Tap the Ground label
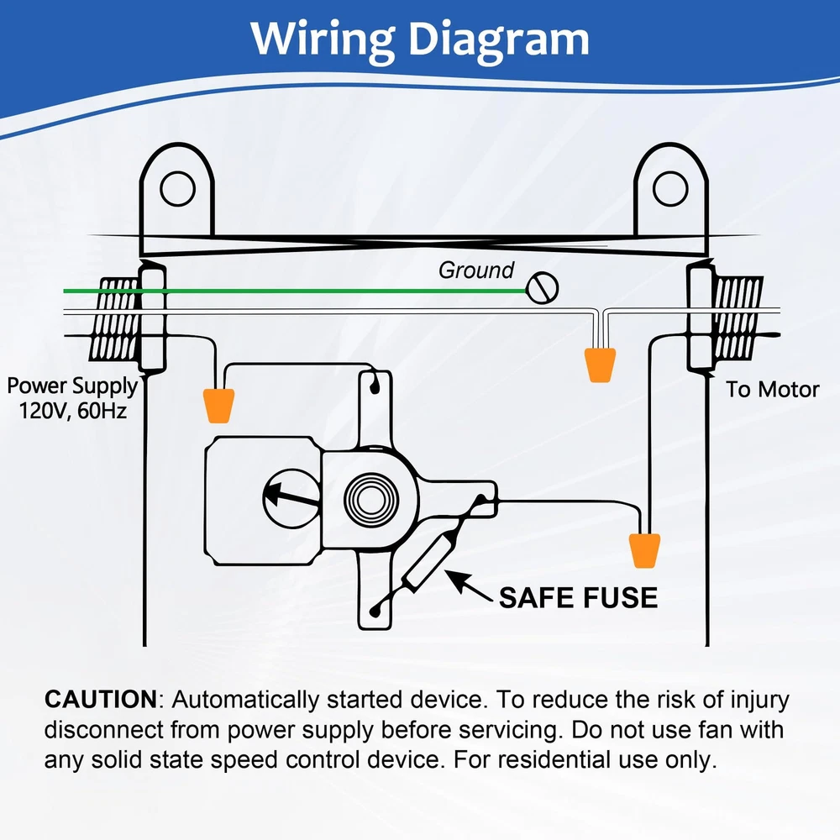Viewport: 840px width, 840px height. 476,270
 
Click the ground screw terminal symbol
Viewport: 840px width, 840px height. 543,288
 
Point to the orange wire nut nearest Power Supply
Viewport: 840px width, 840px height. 218,404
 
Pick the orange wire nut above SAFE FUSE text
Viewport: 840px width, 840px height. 645,550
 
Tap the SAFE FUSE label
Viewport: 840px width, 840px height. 578,597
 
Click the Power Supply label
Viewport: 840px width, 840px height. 71,386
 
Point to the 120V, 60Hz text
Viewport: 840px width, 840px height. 71,412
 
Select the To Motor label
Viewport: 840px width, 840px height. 773,389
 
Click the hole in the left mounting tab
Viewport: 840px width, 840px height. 177,188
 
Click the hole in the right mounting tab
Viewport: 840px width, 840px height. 669,188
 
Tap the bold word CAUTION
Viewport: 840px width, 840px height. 100,699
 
